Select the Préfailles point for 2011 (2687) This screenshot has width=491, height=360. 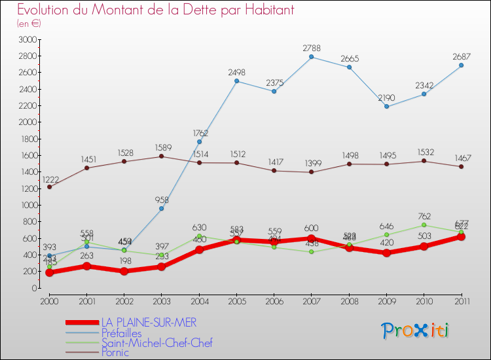coord(461,65)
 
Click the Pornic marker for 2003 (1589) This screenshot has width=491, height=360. coord(161,156)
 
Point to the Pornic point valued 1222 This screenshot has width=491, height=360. coord(49,187)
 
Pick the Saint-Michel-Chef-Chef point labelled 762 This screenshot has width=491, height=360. coord(424,225)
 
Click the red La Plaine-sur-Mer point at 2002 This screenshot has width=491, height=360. coord(124,271)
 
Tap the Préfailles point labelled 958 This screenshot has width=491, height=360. coord(161,208)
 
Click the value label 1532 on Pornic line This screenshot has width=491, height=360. coord(424,152)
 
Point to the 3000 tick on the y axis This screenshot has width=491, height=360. coord(26,39)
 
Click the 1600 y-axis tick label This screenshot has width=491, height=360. coord(26,155)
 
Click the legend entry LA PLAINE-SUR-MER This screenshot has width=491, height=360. coord(149,322)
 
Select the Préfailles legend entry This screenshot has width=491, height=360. coord(121,333)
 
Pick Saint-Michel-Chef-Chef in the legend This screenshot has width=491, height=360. coord(156,343)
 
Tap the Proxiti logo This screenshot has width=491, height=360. coord(415,331)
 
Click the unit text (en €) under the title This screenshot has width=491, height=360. coord(29,24)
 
